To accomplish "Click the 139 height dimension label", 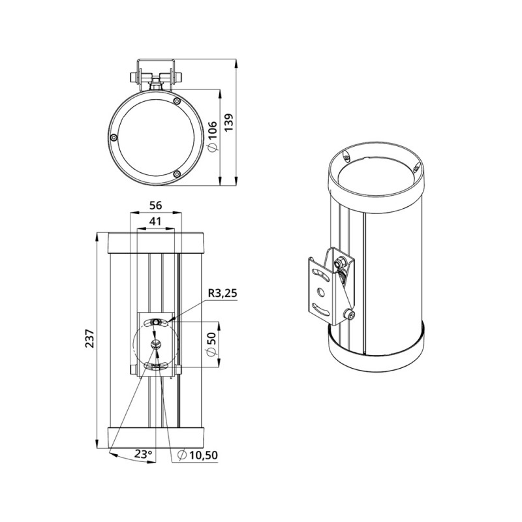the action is click(230, 123).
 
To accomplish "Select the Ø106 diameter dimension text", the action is click(213, 136).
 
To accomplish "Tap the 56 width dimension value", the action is click(155, 206).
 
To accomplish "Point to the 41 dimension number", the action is click(155, 221).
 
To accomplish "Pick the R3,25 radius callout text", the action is click(223, 293).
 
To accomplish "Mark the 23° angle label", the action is click(144, 453).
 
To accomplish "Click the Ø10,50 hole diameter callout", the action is click(198, 454).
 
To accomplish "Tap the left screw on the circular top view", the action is click(114, 137).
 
